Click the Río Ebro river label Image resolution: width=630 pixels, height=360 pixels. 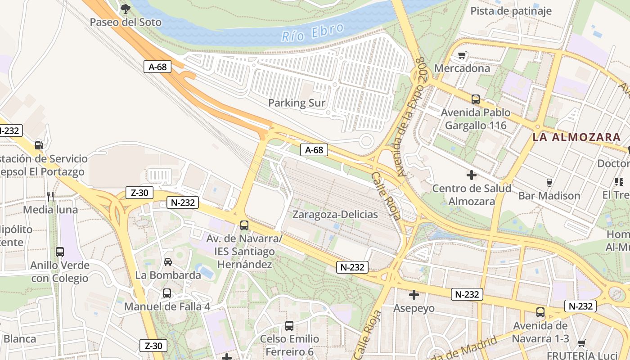[x=313, y=32]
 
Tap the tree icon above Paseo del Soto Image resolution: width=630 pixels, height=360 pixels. [x=126, y=8]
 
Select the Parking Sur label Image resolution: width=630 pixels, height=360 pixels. [x=297, y=103]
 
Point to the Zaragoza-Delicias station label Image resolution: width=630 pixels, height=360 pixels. [x=335, y=214]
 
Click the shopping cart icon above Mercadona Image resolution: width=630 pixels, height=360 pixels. [x=462, y=55]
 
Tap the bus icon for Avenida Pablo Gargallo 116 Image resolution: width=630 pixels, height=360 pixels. [x=476, y=99]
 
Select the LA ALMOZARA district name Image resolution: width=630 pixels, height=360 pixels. [x=576, y=137]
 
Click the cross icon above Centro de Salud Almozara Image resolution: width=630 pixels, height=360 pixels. [x=472, y=175]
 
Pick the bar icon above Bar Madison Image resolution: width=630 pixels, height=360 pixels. [x=549, y=182]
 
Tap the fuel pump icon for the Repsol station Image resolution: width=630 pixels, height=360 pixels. [x=39, y=145]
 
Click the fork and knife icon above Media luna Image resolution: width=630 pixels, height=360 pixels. [x=50, y=196]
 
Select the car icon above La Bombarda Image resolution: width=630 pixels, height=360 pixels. [x=168, y=261]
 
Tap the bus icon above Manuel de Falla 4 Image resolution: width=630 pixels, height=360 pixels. [x=167, y=293]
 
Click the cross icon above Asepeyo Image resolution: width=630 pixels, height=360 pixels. [x=414, y=295]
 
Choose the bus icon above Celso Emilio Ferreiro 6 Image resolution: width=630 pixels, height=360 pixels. [x=289, y=325]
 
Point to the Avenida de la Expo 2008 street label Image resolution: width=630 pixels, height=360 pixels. [x=410, y=117]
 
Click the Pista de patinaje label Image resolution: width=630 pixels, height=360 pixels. [x=511, y=11]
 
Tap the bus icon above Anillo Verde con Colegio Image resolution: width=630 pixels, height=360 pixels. [x=60, y=252]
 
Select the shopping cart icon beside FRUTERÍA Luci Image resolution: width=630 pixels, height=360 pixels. [x=581, y=343]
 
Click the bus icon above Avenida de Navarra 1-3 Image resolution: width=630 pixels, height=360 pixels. [x=540, y=312]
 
